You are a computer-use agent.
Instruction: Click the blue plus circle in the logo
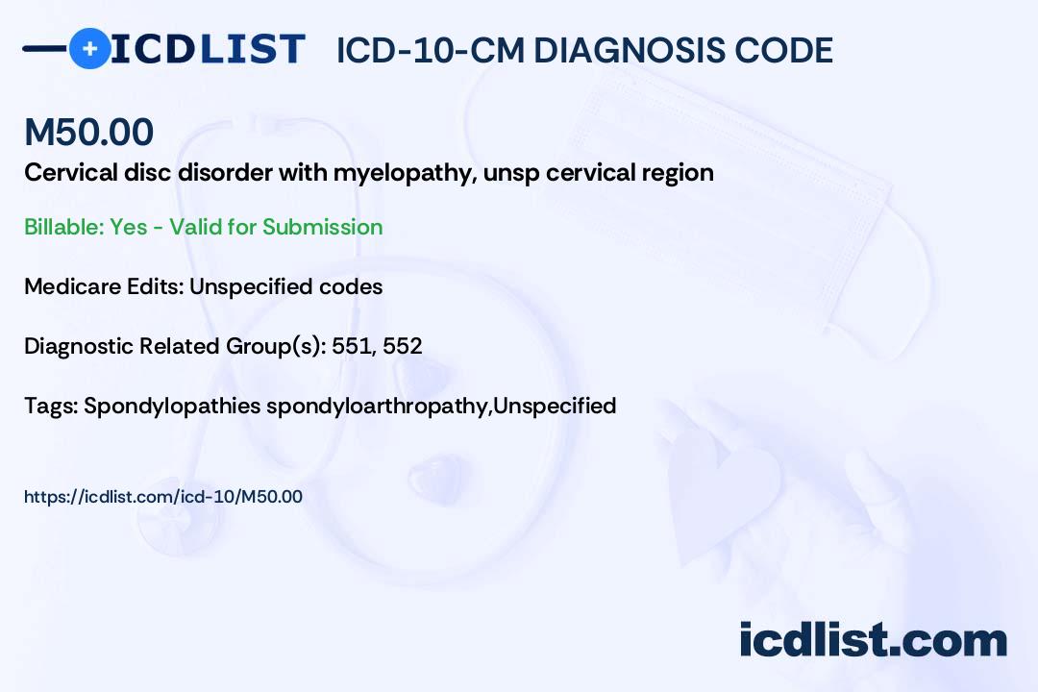click(89, 48)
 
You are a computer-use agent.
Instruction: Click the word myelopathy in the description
click(406, 174)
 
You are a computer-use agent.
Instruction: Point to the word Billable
click(64, 227)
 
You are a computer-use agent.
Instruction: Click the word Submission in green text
click(322, 227)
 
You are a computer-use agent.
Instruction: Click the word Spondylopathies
click(172, 406)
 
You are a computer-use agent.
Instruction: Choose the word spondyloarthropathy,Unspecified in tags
click(441, 406)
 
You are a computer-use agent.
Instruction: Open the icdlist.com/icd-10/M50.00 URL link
click(162, 497)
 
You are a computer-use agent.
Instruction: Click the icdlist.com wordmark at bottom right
click(873, 639)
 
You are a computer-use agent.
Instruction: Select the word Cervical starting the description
click(71, 173)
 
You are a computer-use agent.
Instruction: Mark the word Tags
click(52, 406)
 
